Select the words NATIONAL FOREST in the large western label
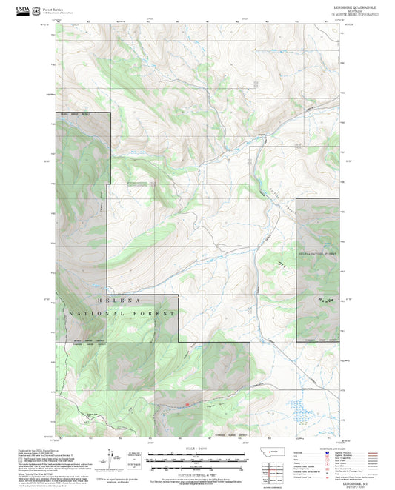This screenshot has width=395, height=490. [x=122, y=314]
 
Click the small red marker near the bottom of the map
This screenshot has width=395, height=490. [x=187, y=404]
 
